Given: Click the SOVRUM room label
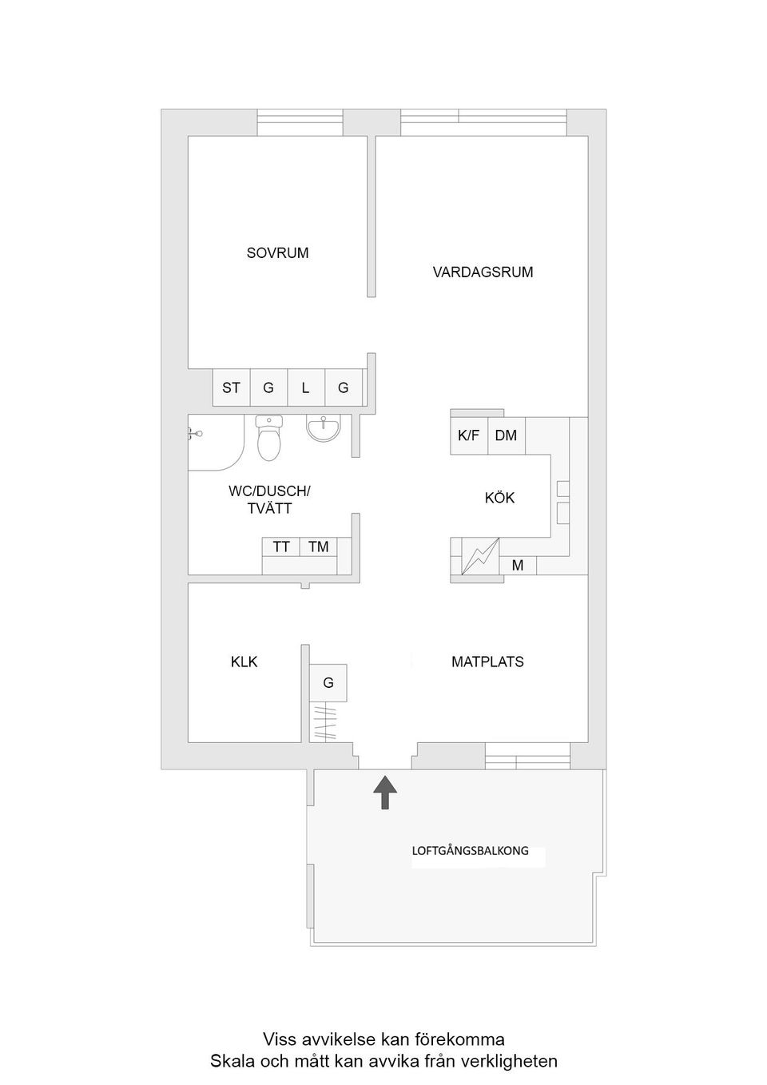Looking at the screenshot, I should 277,253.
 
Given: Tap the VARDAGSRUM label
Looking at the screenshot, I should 483,272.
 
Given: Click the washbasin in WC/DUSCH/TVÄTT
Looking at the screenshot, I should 324,429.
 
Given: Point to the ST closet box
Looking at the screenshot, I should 231,388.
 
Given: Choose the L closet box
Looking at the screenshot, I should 305,388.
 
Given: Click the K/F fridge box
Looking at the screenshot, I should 469,436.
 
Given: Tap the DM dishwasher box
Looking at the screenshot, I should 506,436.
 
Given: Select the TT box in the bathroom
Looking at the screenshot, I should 281,547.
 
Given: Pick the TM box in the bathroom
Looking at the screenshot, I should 319,547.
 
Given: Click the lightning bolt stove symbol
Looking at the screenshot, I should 480,556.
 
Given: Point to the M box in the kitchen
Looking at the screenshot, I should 518,566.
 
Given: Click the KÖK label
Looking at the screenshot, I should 499,499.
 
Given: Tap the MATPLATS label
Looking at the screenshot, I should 487,662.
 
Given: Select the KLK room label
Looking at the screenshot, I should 244,662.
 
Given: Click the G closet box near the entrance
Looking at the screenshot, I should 328,683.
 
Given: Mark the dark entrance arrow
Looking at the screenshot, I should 385,793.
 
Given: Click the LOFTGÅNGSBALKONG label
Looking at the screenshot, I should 470,851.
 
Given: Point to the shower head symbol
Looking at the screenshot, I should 193,434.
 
